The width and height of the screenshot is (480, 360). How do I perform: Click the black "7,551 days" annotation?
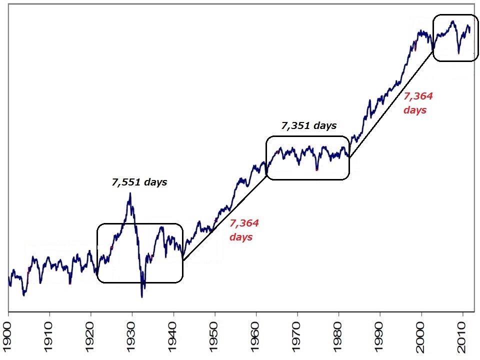pos(139,182)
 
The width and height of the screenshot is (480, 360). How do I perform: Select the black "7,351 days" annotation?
pos(309,126)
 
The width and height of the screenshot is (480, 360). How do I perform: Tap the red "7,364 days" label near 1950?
pos(244,230)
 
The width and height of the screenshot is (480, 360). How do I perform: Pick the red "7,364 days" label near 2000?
pos(417,103)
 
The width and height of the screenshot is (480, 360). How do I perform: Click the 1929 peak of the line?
pos(130,193)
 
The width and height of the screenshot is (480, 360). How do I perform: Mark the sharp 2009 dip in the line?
pos(458,52)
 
